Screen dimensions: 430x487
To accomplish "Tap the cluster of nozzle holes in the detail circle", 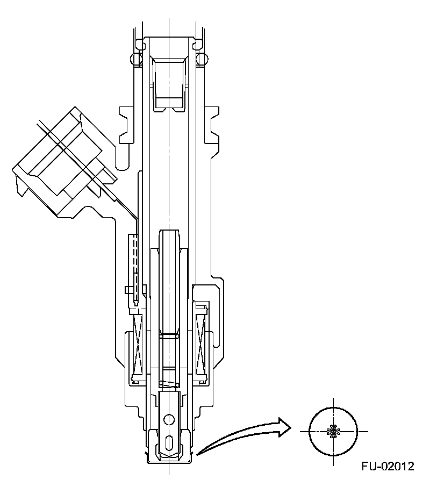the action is [x=334, y=431].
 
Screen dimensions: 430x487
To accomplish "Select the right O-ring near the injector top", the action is [x=202, y=58].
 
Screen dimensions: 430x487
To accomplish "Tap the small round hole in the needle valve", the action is [x=170, y=419].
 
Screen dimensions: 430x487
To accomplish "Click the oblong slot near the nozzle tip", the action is [x=170, y=443].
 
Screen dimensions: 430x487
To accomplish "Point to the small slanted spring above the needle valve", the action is [x=169, y=384].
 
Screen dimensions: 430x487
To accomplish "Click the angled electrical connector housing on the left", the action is [x=59, y=161].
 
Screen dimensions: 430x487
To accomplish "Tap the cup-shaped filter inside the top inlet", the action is [x=169, y=83].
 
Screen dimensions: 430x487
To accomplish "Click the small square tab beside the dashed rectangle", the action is [x=128, y=290].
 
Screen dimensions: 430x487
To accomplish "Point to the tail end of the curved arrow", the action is [x=198, y=455].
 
